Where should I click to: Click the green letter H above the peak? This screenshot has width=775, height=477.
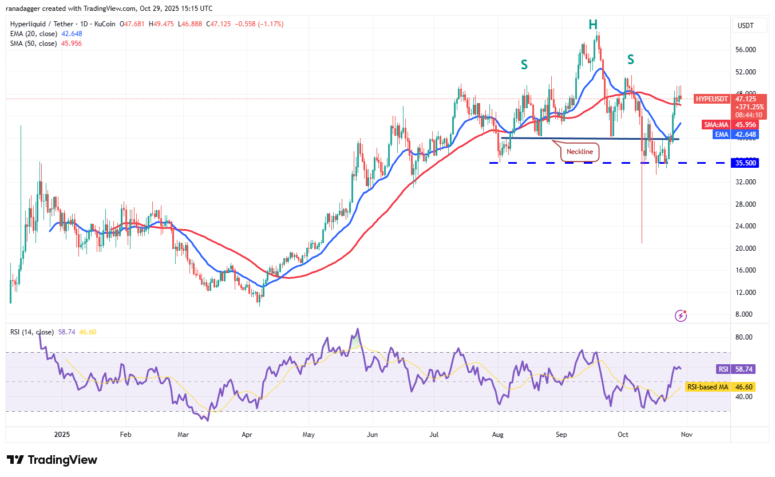coord(593,24)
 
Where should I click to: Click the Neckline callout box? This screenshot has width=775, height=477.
coord(580,152)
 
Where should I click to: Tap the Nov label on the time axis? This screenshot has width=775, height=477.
coord(687,435)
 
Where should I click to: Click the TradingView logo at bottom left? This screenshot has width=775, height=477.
coord(52,460)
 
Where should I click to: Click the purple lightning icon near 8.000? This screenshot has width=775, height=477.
coord(681,315)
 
